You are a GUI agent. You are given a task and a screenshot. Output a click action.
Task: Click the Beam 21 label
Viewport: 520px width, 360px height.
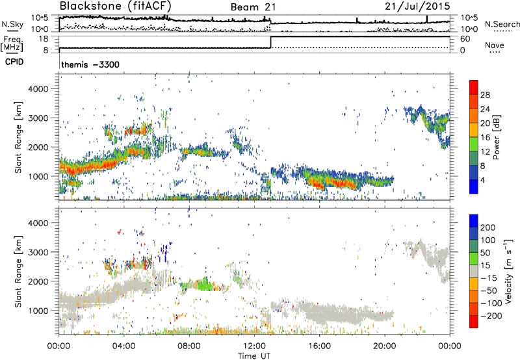point(253,7)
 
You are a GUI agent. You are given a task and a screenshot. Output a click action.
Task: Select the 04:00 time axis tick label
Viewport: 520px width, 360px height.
point(123,344)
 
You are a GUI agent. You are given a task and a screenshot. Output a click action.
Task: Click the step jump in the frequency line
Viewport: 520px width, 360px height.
point(270,42)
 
